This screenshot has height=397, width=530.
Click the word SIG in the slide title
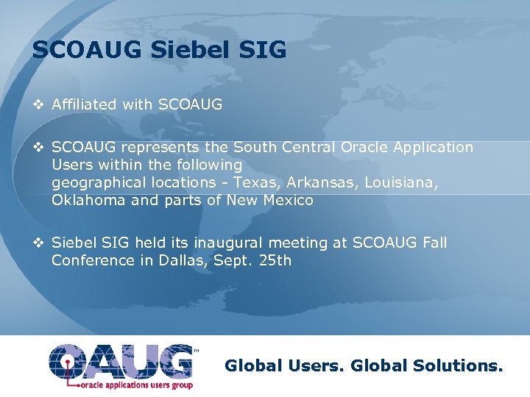[x=264, y=50]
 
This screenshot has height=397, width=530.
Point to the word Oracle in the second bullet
[x=363, y=147]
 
